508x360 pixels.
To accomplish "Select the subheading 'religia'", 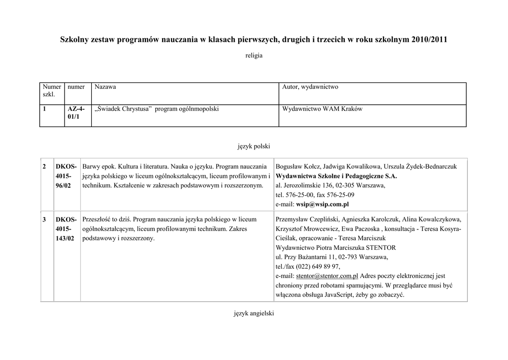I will pos(254,56).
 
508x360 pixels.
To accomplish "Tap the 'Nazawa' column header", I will pos(105,87).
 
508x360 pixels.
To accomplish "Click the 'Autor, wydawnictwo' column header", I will pos(310,87).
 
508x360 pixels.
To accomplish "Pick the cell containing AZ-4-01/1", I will pos(76,113).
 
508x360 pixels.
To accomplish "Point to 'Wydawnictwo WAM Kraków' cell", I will pos(322,109).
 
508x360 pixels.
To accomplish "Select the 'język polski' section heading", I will pos(254,146).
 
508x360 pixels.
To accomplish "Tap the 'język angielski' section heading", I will pos(254,313).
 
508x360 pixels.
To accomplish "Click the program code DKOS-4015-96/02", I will pos(66,176).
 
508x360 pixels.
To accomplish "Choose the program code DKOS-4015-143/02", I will pos(66,228).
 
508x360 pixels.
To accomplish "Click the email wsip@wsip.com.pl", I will pos(322,204).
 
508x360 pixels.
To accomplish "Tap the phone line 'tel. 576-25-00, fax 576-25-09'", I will pos(315,195).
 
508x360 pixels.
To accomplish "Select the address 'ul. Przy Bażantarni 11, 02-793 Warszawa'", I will pos(331,257).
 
